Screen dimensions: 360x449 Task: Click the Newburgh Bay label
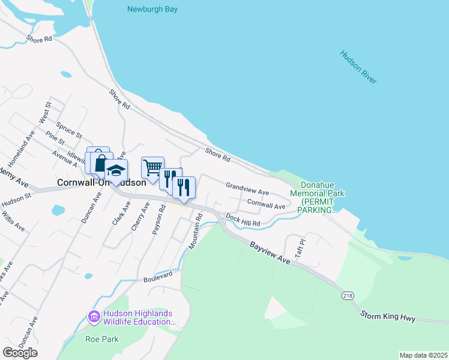pyautogui.click(x=152, y=10)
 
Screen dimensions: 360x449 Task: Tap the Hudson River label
pyautogui.click(x=358, y=67)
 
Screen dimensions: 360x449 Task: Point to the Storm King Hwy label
pyautogui.click(x=388, y=317)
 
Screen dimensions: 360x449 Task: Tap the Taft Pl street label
pyautogui.click(x=300, y=248)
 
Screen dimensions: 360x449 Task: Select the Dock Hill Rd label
pyautogui.click(x=243, y=221)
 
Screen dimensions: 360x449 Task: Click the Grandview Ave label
pyautogui.click(x=247, y=188)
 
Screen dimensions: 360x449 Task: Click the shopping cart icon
pyautogui.click(x=152, y=167)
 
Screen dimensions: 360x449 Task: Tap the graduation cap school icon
pyautogui.click(x=116, y=169)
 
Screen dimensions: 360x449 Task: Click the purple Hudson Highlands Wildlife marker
pyautogui.click(x=94, y=316)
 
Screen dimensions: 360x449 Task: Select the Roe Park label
pyautogui.click(x=101, y=339)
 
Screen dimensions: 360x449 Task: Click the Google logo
pyautogui.click(x=20, y=352)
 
